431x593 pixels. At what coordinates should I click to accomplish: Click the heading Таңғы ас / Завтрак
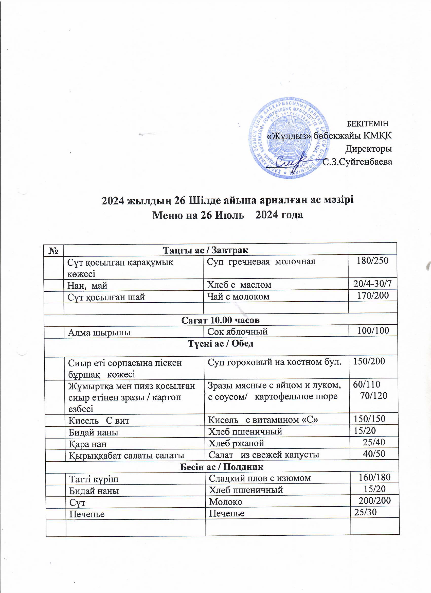[205, 250]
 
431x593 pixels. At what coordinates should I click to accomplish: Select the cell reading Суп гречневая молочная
[261, 261]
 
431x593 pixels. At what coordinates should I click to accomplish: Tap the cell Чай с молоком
[238, 296]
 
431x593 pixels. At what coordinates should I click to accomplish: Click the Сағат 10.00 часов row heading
[220, 320]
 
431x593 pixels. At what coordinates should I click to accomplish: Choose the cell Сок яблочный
[238, 332]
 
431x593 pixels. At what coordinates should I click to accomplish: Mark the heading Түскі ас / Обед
[221, 344]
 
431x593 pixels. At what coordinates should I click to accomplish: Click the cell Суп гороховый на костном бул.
[274, 362]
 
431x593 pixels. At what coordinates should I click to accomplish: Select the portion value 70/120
[373, 396]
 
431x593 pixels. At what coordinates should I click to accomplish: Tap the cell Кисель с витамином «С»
[263, 420]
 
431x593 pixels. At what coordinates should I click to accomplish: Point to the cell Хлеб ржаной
[236, 443]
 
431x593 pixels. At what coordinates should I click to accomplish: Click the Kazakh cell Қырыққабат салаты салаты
[127, 456]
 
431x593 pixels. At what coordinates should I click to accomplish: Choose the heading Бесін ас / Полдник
[222, 467]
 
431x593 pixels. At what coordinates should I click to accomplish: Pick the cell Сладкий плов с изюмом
[260, 478]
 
